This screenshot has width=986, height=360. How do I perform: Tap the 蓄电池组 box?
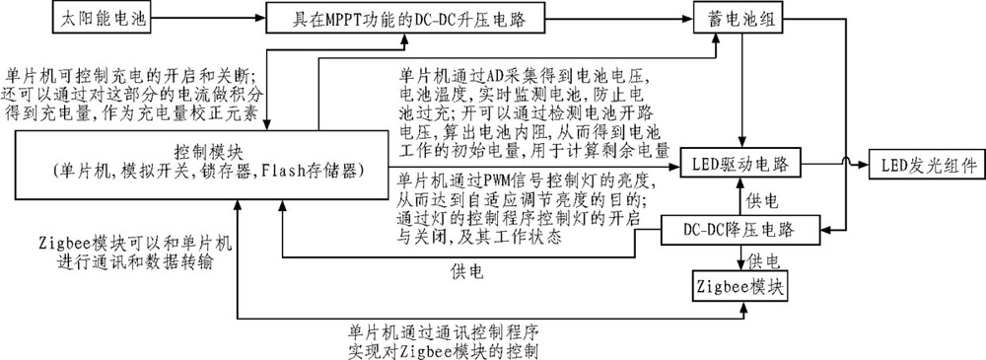[x=730, y=18]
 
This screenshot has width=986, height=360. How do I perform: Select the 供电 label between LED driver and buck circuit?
[x=761, y=201]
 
